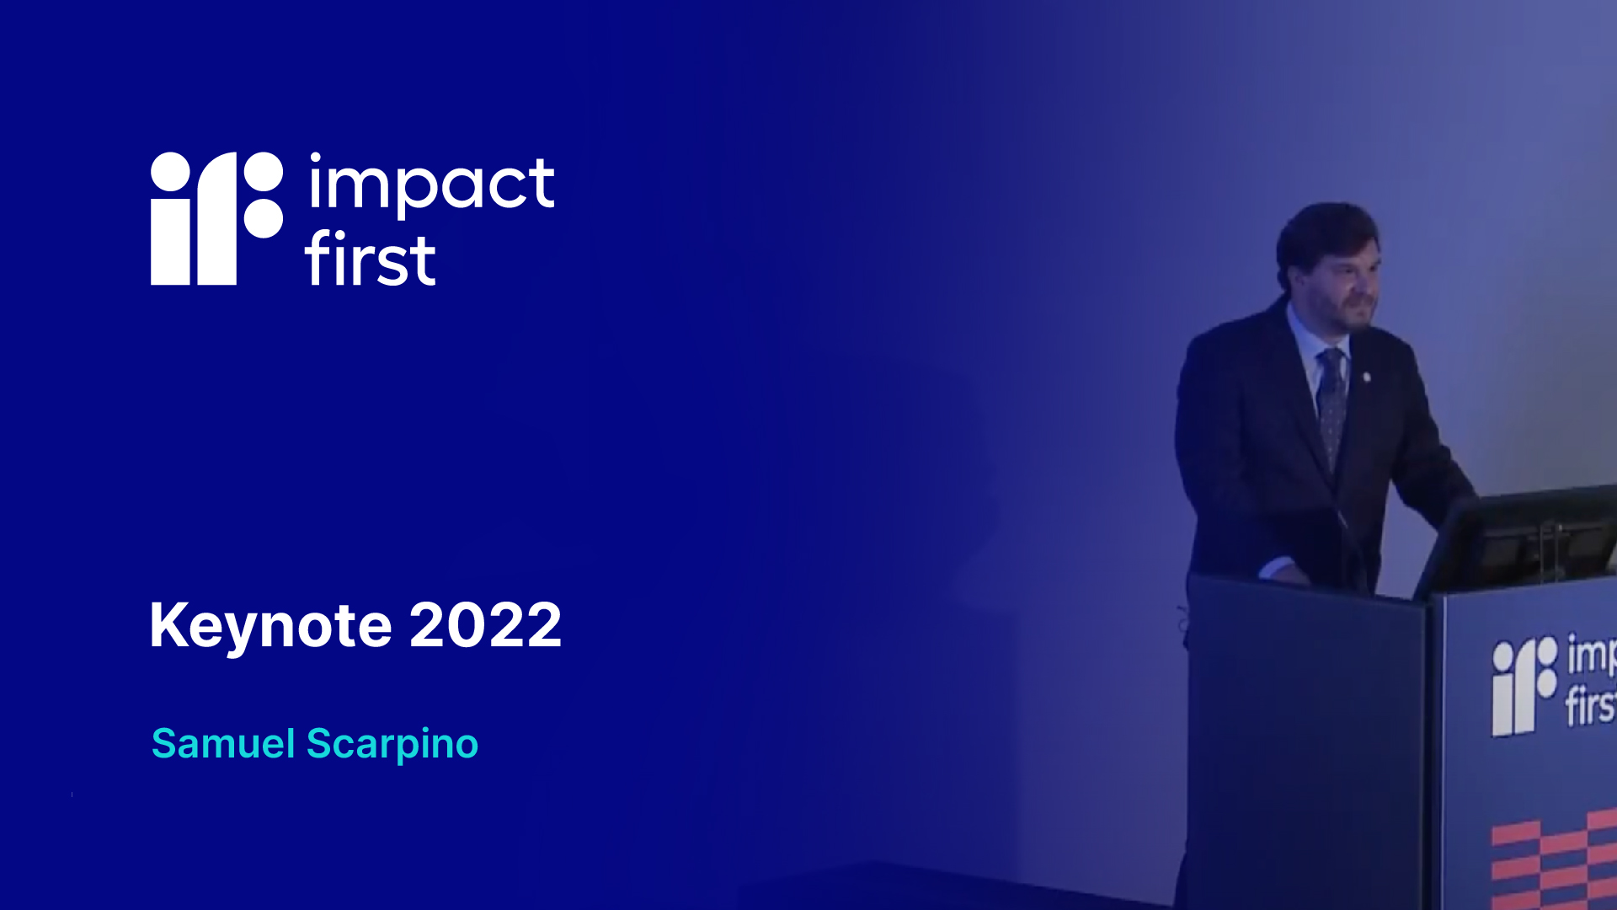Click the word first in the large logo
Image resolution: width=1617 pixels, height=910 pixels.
pos(370,258)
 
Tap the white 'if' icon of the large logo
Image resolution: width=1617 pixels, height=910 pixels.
pos(216,218)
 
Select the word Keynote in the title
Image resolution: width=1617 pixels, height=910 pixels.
pos(270,626)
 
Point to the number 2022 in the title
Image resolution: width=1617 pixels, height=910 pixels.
pos(486,625)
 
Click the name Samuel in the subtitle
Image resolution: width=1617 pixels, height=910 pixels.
pos(223,744)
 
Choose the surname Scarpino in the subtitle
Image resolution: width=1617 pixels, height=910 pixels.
pos(392,745)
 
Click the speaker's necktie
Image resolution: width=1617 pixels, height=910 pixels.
pos(1331,404)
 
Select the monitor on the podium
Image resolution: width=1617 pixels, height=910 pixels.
pos(1516,539)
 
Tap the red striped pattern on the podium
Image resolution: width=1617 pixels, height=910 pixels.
pos(1554,859)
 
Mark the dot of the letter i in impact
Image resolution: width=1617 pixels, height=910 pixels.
pos(316,158)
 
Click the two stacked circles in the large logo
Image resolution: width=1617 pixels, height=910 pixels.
pos(263,195)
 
